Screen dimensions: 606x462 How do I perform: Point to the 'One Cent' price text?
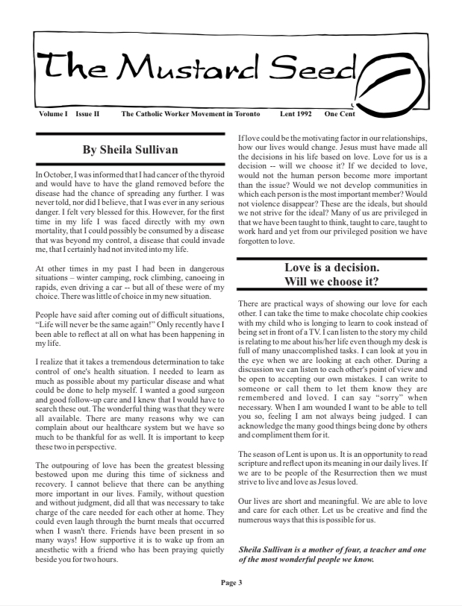tap(340, 114)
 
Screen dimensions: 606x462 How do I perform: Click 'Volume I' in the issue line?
tap(53, 114)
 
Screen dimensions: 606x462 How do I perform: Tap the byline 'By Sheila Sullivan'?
tap(131, 150)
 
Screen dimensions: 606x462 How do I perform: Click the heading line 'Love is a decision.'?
tap(331, 268)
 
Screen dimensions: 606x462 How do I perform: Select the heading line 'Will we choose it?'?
tap(331, 282)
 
